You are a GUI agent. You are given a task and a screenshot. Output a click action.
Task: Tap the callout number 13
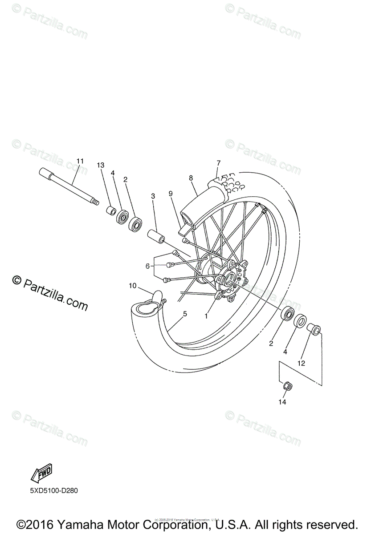[101, 165]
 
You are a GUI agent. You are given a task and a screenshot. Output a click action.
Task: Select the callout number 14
[282, 402]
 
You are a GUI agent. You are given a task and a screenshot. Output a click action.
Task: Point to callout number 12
[302, 363]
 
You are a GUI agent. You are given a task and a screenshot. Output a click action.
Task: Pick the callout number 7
[219, 162]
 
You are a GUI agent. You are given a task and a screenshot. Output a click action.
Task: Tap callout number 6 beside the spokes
[147, 266]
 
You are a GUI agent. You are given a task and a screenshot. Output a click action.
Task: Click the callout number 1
[206, 316]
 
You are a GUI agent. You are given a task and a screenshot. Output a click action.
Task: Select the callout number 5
[185, 314]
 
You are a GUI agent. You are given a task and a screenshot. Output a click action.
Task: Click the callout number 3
[153, 196]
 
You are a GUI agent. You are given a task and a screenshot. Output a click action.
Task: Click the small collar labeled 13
[111, 210]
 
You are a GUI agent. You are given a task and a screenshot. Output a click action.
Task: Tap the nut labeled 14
[287, 386]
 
